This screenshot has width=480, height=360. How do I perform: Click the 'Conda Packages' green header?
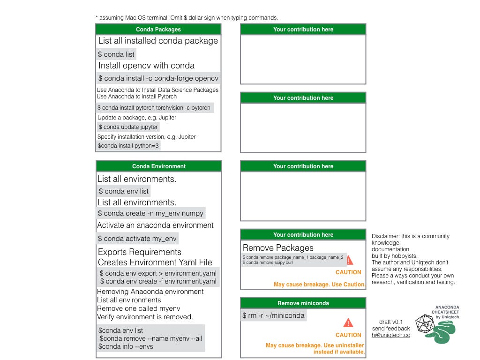[x=158, y=30]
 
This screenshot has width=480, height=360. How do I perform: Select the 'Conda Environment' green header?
[x=158, y=166]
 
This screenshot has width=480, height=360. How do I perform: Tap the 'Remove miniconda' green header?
[x=303, y=303]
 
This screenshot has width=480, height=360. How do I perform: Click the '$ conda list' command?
[x=116, y=54]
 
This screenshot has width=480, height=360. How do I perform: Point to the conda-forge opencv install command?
[x=158, y=78]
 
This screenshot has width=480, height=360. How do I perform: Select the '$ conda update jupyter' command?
[x=128, y=127]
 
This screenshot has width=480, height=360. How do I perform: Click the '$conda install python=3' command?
[x=128, y=146]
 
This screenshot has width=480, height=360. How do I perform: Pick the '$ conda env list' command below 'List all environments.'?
[x=124, y=191]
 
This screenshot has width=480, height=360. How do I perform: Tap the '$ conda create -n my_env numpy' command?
[x=150, y=213]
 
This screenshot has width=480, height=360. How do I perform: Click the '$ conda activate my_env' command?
[x=137, y=239]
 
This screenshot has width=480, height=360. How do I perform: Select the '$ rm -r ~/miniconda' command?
[x=273, y=315]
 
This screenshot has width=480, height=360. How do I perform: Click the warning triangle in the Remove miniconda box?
[x=348, y=322]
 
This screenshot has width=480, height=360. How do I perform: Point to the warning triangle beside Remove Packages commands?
[x=350, y=261]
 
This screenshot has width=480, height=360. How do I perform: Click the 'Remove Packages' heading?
[x=278, y=247]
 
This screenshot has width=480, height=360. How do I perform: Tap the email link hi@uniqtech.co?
[x=391, y=335]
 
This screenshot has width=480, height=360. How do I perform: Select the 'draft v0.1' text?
[x=391, y=322]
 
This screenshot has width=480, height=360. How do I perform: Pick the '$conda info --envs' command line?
[x=126, y=346]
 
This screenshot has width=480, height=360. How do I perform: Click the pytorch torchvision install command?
[x=154, y=108]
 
